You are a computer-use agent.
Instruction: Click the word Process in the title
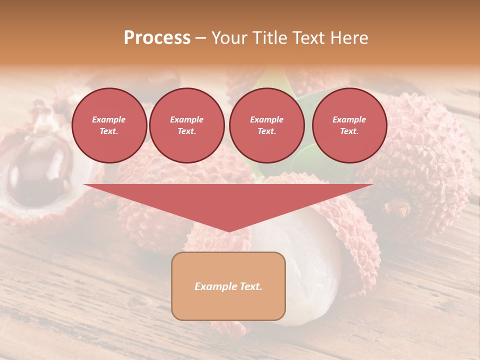(x=157, y=38)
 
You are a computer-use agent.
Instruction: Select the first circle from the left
(x=109, y=125)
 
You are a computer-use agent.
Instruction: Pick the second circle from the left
(x=186, y=125)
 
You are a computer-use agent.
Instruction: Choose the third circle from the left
(x=266, y=125)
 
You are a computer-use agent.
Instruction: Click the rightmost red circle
(x=349, y=125)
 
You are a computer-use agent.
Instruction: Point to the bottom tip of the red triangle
(x=229, y=231)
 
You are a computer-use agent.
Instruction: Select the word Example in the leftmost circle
(x=109, y=119)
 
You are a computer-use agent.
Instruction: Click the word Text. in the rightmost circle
(x=349, y=131)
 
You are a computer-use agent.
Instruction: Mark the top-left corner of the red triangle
(x=84, y=185)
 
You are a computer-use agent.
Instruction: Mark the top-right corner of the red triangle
(x=373, y=185)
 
